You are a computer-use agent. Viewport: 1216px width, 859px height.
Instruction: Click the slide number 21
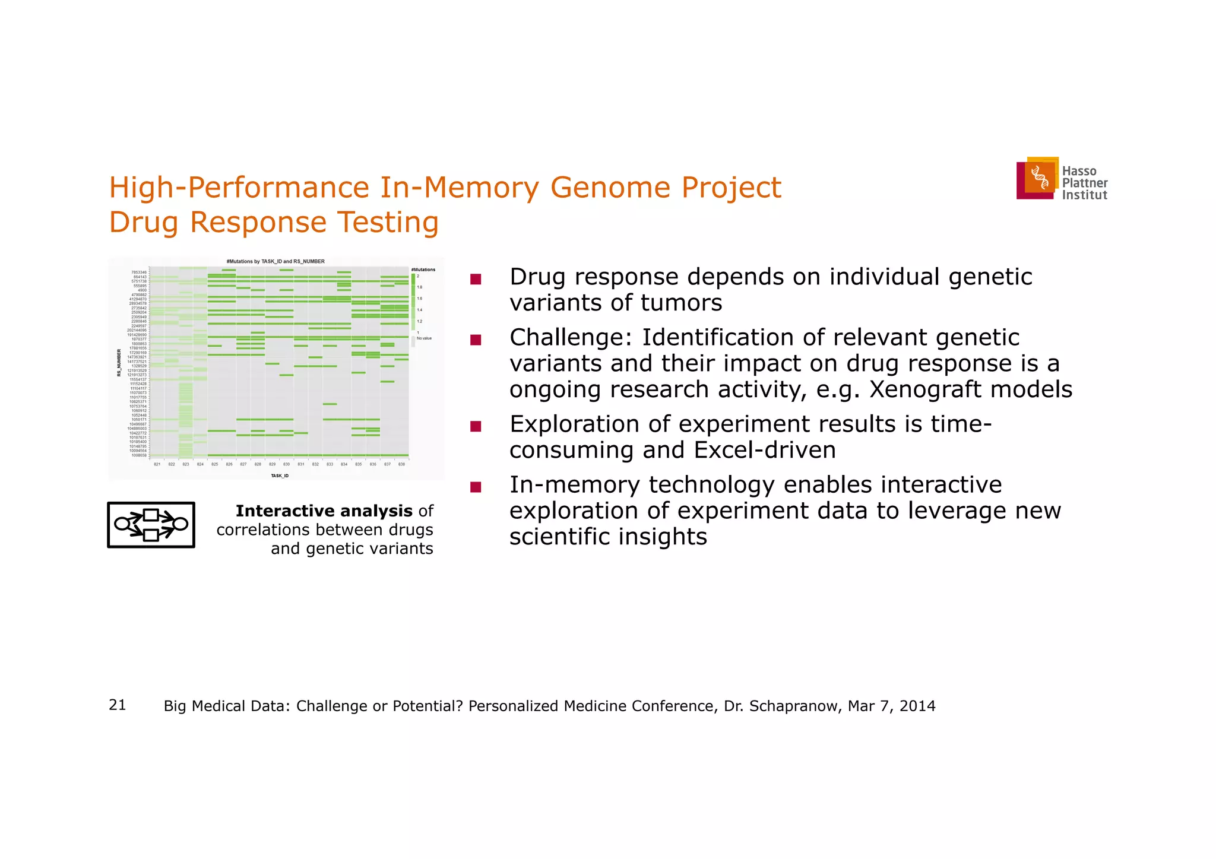[x=118, y=705]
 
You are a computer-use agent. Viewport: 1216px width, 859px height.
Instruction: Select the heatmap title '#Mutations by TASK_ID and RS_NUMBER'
[x=275, y=261]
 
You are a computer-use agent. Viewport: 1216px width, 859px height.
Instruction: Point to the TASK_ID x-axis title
[x=280, y=476]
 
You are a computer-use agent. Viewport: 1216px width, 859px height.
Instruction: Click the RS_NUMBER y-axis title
[x=119, y=363]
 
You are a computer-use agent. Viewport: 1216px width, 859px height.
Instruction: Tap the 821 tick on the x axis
[x=157, y=464]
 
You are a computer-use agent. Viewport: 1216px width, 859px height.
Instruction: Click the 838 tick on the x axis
[x=401, y=464]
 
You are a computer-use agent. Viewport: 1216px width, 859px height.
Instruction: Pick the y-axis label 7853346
[x=139, y=272]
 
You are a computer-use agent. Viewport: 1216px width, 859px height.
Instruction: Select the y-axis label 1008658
[x=139, y=455]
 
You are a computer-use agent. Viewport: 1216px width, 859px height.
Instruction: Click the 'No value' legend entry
[x=424, y=338]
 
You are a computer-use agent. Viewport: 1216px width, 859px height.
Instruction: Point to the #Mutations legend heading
[x=423, y=270]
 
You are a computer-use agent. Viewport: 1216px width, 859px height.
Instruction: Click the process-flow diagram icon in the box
[x=151, y=525]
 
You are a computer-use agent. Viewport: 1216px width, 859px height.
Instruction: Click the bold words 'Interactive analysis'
[x=324, y=511]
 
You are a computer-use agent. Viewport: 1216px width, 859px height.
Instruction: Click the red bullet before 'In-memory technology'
[x=475, y=487]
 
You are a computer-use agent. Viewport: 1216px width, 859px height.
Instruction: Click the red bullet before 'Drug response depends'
[x=475, y=279]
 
